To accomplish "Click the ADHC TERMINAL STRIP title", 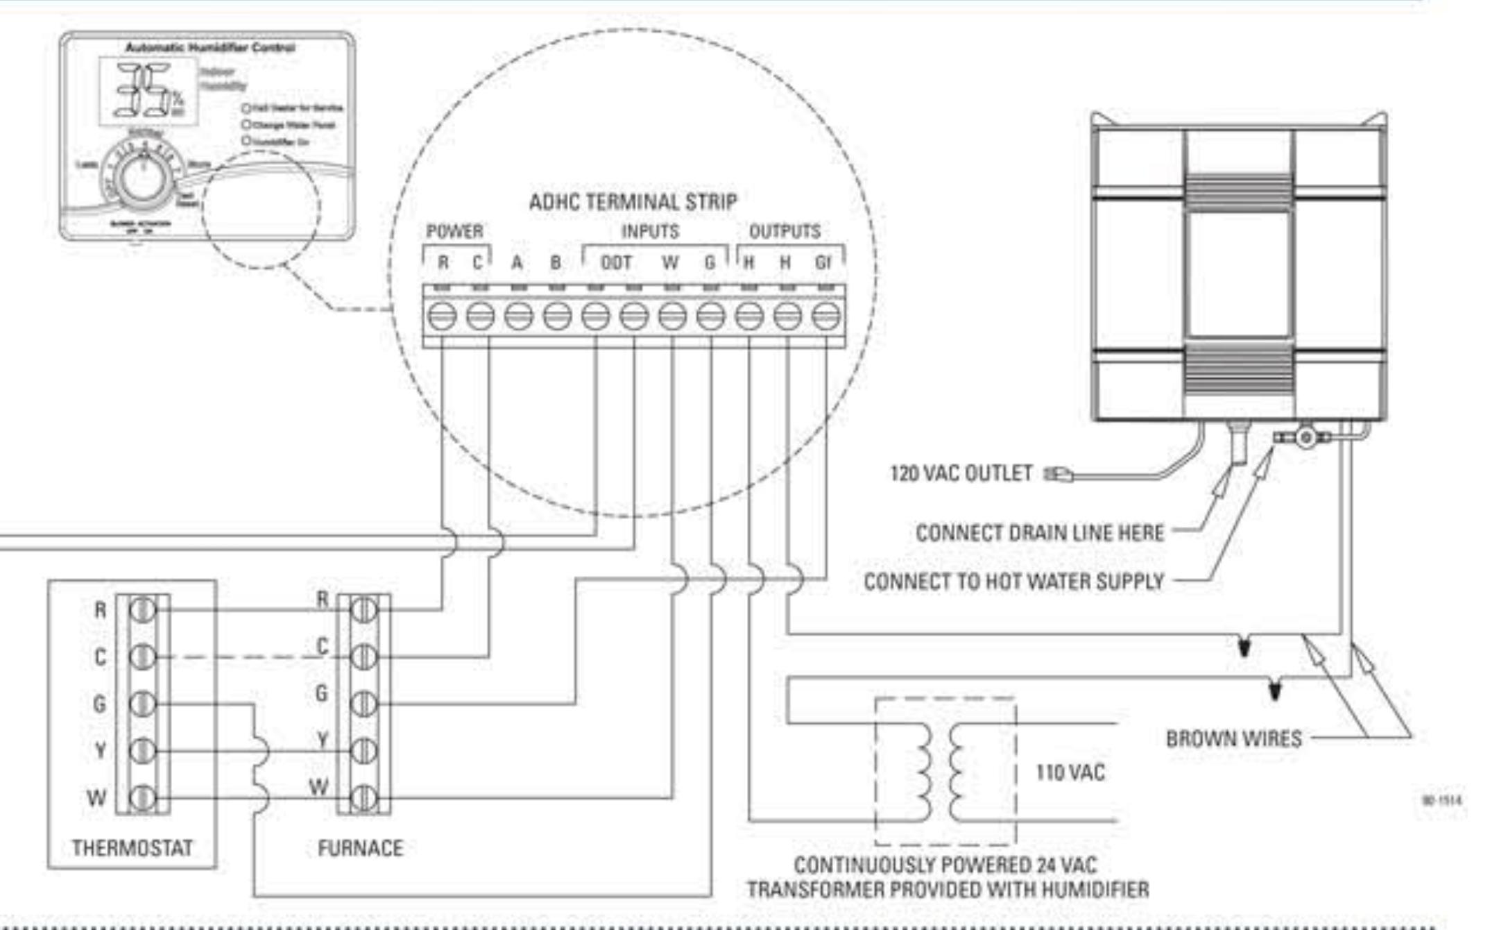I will [x=633, y=202].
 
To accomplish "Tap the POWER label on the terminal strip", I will [x=454, y=231].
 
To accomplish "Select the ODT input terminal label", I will [x=616, y=263].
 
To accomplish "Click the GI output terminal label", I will [x=823, y=263].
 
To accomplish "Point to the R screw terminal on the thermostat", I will [x=143, y=610].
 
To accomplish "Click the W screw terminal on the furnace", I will [x=363, y=798].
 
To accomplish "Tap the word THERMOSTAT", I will [x=132, y=848].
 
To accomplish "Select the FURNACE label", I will [x=360, y=848].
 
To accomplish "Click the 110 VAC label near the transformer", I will [x=1070, y=772].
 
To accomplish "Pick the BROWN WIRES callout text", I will [x=1233, y=738].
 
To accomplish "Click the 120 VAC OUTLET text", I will [x=961, y=473].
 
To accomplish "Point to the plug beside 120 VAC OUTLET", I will [x=1059, y=474].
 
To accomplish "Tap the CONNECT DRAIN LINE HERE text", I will [x=1039, y=533].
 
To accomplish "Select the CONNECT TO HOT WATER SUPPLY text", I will [x=1013, y=582].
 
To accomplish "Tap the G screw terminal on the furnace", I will [x=363, y=704].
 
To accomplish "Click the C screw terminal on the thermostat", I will [x=143, y=657].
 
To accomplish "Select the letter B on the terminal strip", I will [x=556, y=263].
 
